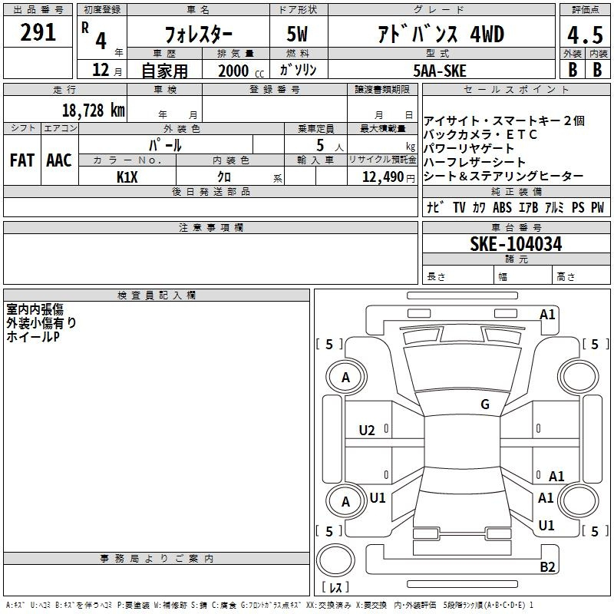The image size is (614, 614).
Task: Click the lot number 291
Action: click(x=38, y=32)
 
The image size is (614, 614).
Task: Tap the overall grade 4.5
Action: click(x=585, y=35)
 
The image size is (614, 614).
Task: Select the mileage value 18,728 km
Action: click(x=93, y=111)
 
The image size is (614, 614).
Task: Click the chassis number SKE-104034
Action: click(x=516, y=244)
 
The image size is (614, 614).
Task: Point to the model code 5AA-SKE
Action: click(x=440, y=71)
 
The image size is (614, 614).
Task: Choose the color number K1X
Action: click(x=127, y=177)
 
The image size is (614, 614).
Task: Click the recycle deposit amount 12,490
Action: click(x=382, y=177)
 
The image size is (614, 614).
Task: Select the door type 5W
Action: click(x=297, y=34)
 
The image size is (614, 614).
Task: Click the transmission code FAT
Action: click(x=22, y=160)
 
